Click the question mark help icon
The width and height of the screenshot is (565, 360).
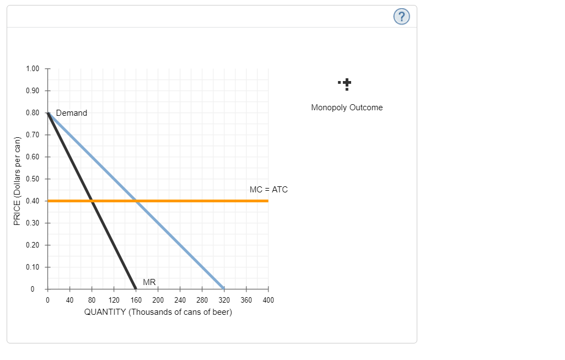[x=402, y=17]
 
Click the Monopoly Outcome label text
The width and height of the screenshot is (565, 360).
[x=347, y=108]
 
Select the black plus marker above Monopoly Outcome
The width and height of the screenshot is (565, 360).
[x=346, y=84]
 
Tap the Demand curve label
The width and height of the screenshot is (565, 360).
[x=72, y=113]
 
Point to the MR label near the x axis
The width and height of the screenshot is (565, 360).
[x=149, y=282]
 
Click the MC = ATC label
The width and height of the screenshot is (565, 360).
[x=268, y=190]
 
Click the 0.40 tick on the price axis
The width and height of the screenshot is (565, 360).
[x=33, y=201]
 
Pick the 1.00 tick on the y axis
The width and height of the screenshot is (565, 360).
[x=33, y=69]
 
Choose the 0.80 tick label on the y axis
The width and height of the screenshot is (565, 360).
[x=33, y=113]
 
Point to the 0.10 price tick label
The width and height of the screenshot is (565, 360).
[x=33, y=267]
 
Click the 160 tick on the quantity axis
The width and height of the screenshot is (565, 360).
[x=136, y=300]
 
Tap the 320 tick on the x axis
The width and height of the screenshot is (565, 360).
[x=224, y=300]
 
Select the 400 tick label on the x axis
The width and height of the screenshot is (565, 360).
[x=268, y=300]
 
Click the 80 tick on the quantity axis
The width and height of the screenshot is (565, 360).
[x=92, y=300]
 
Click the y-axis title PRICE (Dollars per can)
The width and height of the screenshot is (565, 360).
[x=17, y=179]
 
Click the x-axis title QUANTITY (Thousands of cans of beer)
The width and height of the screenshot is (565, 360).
[x=158, y=313]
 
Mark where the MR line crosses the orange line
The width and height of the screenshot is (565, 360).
[x=92, y=201]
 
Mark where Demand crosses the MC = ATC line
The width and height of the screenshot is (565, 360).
[x=136, y=201]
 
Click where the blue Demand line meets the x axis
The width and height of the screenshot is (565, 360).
[x=224, y=288]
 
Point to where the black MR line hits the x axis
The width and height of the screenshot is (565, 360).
[x=136, y=288]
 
